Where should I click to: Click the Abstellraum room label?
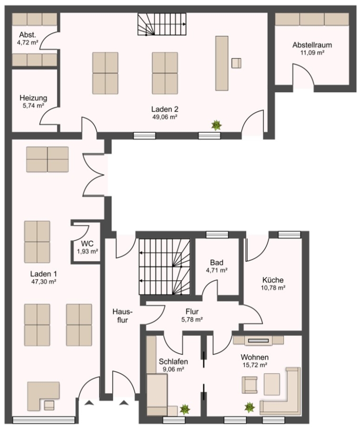[x=312, y=45]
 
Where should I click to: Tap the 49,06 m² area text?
[x=165, y=117]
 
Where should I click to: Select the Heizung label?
[x=33, y=98]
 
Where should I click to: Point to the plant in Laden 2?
[x=216, y=125]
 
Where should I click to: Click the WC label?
[x=87, y=244]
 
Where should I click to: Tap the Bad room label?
[x=217, y=263]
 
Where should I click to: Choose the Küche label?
[x=273, y=280]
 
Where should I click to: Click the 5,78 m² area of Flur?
[x=192, y=319]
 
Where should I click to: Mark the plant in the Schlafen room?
[x=185, y=409]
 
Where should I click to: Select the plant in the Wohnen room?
[x=250, y=408]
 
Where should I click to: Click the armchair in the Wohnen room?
[x=250, y=385]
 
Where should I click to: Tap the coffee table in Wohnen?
[x=272, y=384]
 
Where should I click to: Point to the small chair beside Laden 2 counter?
[x=237, y=63]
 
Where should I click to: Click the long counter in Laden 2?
[x=222, y=63]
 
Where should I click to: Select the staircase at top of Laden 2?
[x=162, y=24]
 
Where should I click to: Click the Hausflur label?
[x=122, y=316]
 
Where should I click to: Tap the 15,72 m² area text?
[x=255, y=365]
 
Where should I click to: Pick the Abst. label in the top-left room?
[x=27, y=35]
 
